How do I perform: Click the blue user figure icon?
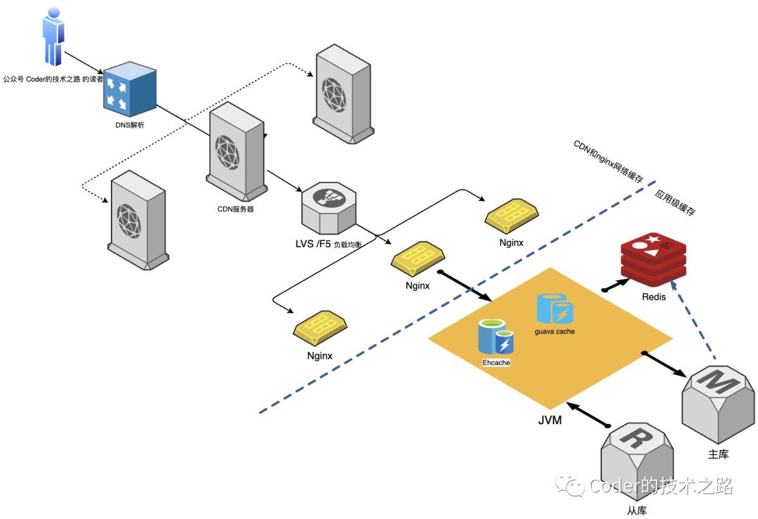point(53,37)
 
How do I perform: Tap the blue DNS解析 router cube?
point(130,89)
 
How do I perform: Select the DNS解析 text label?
point(130,125)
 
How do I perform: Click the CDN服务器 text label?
point(235,209)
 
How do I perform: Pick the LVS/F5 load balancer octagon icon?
point(328,208)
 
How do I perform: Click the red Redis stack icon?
point(653,259)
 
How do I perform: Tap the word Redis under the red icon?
point(653,297)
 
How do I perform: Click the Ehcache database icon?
point(496,336)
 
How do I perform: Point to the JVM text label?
point(550,420)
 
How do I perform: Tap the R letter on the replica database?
point(637,438)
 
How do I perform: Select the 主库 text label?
point(718,454)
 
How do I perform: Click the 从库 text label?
point(637,511)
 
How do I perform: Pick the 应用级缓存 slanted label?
point(675,202)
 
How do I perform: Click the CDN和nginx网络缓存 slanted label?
point(609,162)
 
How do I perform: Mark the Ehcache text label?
point(496,362)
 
